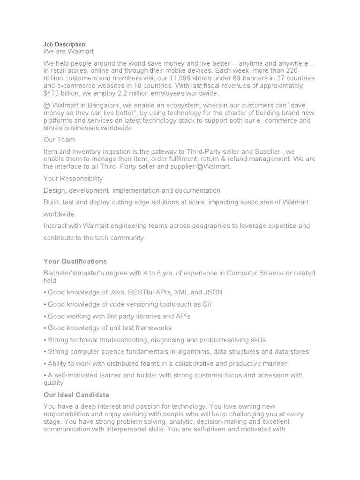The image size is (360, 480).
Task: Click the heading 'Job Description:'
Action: [x=65, y=44]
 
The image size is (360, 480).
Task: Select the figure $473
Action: [x=52, y=94]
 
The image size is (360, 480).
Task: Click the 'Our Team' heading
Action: [x=59, y=140]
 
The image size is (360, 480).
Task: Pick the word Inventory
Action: [x=87, y=151]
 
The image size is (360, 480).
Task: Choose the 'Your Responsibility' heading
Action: [x=73, y=179]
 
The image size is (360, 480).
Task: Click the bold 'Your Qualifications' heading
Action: [x=75, y=261]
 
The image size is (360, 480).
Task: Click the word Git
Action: [x=206, y=304]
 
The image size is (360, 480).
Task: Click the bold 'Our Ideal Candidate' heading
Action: [x=76, y=395]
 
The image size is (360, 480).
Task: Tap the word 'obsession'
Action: [x=272, y=375]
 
